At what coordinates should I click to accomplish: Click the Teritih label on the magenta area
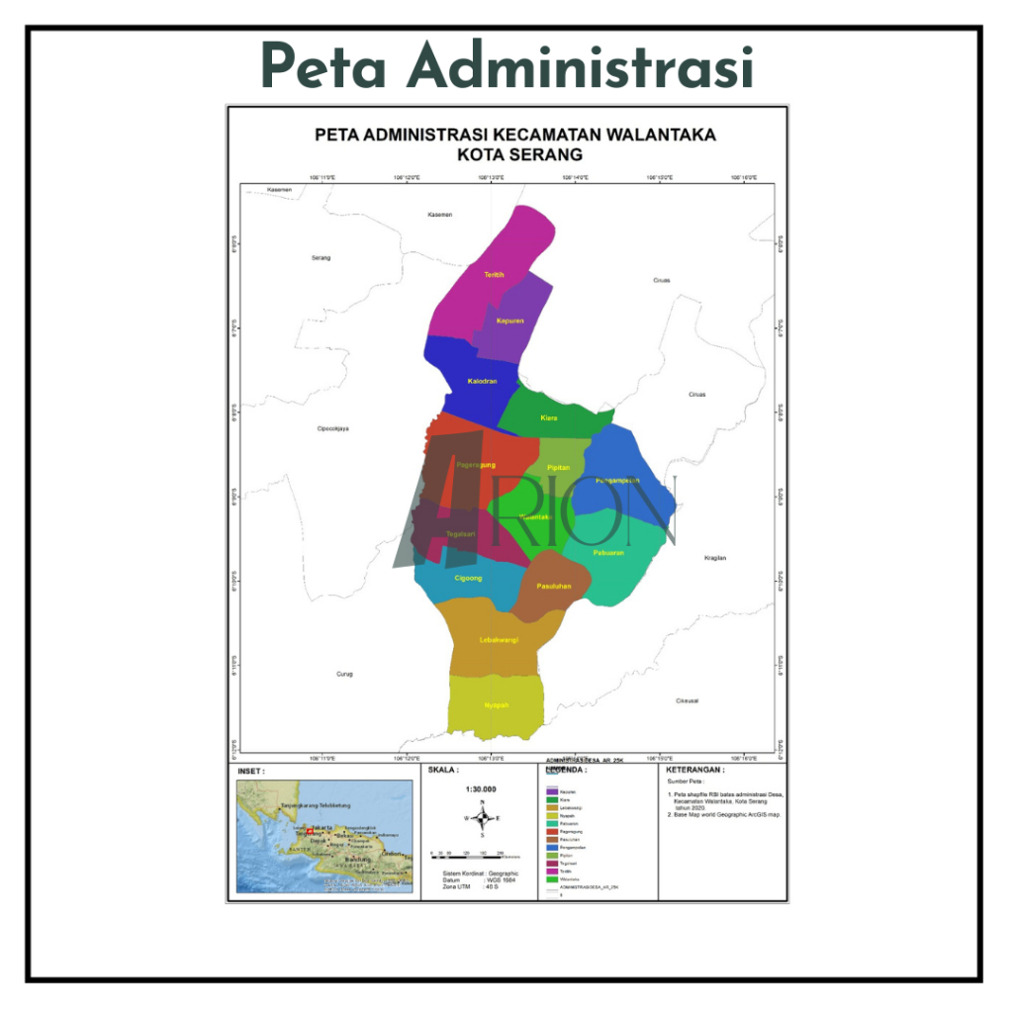[494, 274]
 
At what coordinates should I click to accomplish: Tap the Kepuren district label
[509, 321]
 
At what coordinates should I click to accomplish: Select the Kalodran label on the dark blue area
[482, 381]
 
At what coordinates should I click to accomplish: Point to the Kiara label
[549, 418]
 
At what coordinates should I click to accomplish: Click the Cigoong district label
[468, 578]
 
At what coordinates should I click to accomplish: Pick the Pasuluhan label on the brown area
[554, 587]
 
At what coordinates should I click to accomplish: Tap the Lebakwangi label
[499, 640]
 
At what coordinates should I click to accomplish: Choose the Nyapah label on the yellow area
[497, 705]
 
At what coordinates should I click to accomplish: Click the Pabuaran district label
[609, 552]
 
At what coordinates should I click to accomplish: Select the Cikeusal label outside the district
[688, 700]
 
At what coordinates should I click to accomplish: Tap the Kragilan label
[715, 558]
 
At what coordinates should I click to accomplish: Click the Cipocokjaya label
[333, 428]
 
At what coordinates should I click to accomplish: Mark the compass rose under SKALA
[483, 818]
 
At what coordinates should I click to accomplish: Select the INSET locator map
[323, 836]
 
